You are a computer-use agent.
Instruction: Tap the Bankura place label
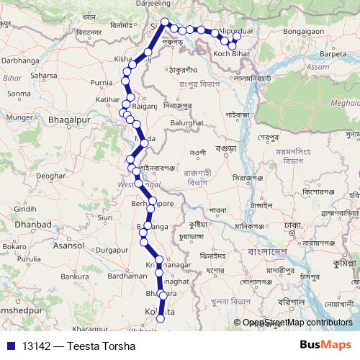coord(74,275)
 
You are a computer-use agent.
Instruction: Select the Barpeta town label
coord(334,53)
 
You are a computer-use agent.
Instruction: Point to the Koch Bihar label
coord(231,55)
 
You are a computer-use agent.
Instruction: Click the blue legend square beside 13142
coord(11,345)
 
